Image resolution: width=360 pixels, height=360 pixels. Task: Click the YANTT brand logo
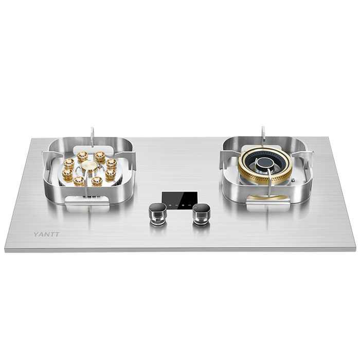[x=47, y=234]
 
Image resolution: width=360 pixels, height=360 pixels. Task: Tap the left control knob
[x=157, y=214]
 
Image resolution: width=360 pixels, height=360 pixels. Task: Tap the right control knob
[x=202, y=214]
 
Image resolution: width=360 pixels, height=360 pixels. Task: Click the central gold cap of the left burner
[x=89, y=166]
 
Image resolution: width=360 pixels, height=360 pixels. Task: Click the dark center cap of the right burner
[x=265, y=163]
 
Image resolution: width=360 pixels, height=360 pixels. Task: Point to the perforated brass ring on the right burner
[x=265, y=168]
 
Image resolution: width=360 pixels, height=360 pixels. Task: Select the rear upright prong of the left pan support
[x=92, y=137]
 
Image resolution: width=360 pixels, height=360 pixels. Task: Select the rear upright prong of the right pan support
[x=263, y=136]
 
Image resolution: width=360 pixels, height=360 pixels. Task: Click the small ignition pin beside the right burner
[x=293, y=181]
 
